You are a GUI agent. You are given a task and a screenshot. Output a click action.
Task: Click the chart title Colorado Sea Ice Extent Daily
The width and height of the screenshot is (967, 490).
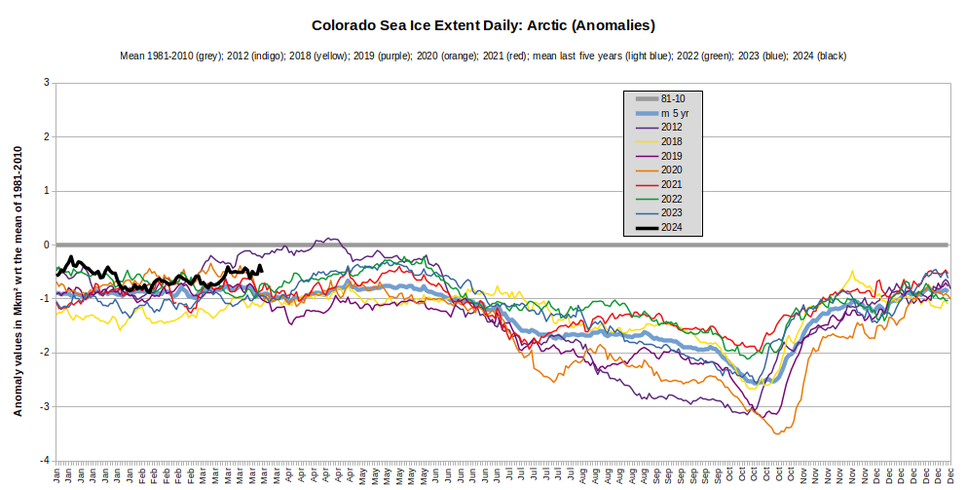[483, 24]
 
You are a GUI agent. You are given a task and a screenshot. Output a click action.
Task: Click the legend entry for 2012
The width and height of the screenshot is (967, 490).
[671, 127]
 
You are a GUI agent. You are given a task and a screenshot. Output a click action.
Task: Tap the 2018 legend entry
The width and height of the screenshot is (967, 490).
[671, 141]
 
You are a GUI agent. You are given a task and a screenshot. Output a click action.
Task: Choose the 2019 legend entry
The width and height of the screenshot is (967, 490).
[671, 156]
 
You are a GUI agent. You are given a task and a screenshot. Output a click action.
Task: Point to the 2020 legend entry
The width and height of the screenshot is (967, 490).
[671, 170]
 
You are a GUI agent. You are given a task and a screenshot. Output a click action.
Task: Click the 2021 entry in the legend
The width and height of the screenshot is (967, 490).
[671, 184]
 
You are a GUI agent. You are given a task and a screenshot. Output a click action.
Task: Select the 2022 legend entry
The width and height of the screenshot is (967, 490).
[671, 199]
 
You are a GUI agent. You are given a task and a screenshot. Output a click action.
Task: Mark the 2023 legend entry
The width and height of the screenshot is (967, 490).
[671, 213]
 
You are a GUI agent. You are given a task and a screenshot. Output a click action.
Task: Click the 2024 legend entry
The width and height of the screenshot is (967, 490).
[671, 228]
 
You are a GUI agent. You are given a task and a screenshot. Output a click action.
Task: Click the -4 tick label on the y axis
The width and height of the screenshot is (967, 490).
[44, 460]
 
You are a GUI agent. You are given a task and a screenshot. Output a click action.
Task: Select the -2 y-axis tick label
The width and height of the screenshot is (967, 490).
[44, 353]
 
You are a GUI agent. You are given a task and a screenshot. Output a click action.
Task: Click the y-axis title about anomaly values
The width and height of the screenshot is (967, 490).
[18, 281]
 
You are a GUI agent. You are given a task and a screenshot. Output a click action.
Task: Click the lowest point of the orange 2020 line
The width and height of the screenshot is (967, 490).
[776, 433]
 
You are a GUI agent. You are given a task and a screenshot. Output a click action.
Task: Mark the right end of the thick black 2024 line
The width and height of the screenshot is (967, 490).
[262, 270]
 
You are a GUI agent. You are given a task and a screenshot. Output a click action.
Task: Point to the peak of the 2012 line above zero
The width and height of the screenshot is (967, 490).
[327, 238]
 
